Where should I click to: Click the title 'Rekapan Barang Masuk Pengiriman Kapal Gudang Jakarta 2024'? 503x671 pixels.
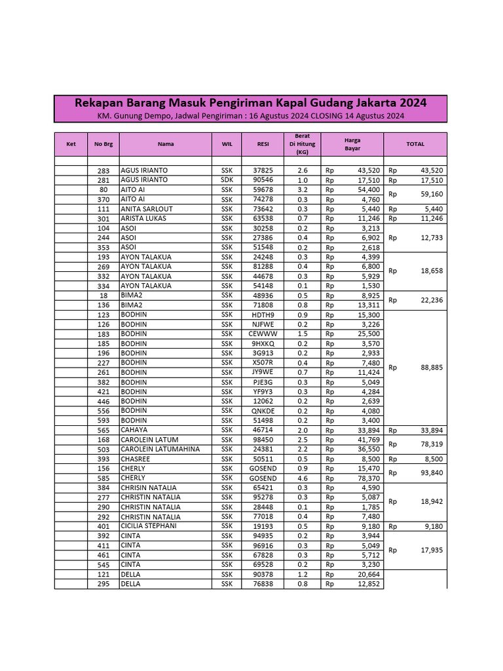point(250,103)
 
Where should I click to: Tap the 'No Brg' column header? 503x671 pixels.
point(103,144)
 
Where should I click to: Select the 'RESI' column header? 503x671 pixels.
point(263,144)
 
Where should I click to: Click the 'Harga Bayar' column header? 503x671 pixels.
point(352,144)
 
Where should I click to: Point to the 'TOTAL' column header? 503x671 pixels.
point(415,144)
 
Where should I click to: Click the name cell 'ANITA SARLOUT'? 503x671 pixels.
point(147,209)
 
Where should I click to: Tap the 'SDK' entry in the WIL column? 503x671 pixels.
point(227,180)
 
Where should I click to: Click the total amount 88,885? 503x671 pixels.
point(431,368)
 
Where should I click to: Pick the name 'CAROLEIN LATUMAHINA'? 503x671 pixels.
point(160,449)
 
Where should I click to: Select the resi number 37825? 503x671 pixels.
point(263,170)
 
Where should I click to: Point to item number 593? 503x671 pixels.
point(102,420)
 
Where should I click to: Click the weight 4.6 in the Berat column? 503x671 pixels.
point(302,478)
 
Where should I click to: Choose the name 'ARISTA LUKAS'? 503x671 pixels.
point(143,218)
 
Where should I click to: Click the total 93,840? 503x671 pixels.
point(431,473)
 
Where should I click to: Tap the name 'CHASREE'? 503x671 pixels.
point(136,459)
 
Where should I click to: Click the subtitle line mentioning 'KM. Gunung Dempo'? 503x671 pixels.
point(250,116)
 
